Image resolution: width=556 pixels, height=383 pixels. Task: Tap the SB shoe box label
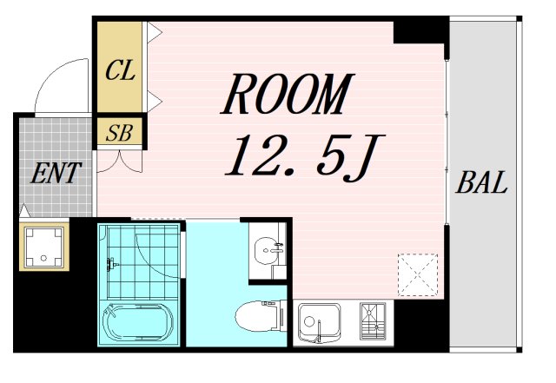point(119,133)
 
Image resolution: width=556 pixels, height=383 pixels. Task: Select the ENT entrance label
point(56,173)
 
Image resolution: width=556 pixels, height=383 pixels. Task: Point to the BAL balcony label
point(481,182)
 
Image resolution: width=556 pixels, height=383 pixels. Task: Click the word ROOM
point(288,94)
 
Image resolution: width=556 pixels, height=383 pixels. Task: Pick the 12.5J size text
point(305,157)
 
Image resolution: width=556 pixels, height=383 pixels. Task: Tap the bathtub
point(138,322)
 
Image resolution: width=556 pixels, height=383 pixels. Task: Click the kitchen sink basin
point(320,323)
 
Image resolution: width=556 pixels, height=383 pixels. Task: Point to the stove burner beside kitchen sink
point(373,321)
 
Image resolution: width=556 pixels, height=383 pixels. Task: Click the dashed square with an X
point(418,274)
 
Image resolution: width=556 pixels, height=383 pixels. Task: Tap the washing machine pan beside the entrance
point(44,247)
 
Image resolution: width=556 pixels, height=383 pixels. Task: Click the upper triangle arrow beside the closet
point(154,32)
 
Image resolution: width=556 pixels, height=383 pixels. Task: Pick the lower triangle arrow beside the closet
point(154,101)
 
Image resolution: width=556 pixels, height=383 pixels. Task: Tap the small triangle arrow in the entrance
point(24,211)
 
